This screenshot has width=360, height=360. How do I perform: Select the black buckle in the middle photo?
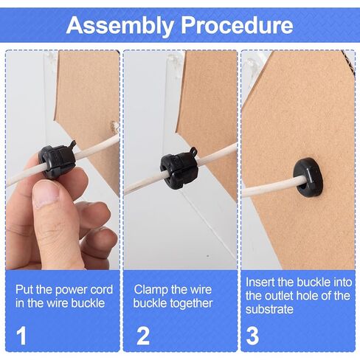pos(176,168)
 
